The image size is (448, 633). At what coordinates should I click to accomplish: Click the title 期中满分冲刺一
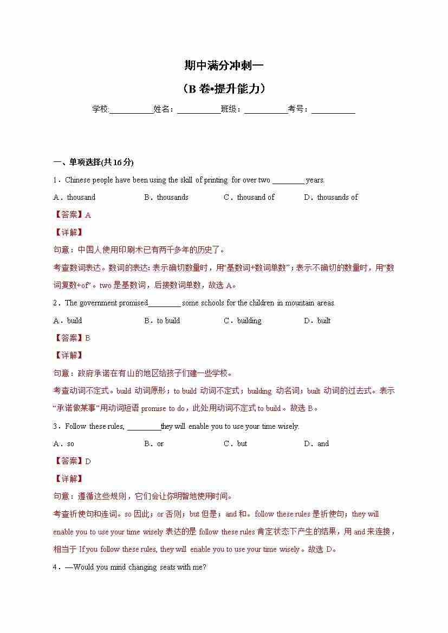point(224,66)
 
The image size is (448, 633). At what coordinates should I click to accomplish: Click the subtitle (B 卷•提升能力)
point(224,89)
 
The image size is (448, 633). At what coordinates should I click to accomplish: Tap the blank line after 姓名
point(198,109)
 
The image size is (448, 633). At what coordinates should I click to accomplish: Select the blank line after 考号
point(333,109)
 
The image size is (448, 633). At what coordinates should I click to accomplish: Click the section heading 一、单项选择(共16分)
point(93,162)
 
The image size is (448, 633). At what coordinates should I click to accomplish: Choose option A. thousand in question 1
point(74,198)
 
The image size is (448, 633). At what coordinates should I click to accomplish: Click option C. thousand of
point(249,198)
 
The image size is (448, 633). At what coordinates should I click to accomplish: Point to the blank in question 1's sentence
point(288,181)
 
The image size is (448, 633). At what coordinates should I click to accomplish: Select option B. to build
point(162,321)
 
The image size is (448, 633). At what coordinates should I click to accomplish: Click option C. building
point(242,321)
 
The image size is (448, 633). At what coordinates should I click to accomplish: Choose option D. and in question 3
point(316,444)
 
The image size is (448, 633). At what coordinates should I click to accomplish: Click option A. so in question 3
point(64,444)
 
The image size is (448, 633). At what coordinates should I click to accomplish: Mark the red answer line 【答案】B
point(72,338)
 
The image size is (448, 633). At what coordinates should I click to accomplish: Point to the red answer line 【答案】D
point(72,461)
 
